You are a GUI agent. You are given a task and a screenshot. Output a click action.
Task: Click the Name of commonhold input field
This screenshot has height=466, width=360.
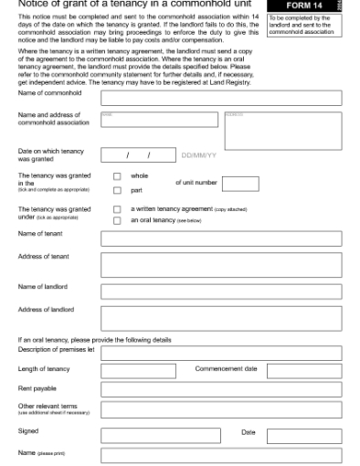click(221, 98)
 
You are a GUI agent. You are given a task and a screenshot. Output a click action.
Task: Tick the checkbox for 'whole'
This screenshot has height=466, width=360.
click(117, 176)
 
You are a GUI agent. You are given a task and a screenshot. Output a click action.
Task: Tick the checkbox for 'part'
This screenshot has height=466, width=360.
click(117, 190)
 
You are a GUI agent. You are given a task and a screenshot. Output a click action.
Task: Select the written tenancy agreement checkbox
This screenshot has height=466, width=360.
click(117, 209)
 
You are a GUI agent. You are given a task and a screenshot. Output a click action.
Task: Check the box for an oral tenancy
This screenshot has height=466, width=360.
click(117, 220)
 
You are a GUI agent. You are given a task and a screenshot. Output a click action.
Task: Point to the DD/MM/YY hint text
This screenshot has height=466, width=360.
click(199, 155)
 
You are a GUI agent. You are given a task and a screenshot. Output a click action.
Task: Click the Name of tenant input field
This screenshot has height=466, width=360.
click(221, 238)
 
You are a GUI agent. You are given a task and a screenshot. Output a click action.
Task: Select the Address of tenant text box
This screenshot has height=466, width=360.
click(221, 265)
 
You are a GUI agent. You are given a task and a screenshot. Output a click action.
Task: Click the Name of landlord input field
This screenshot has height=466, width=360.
click(221, 291)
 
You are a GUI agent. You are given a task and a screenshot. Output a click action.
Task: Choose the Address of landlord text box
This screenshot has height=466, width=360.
click(221, 318)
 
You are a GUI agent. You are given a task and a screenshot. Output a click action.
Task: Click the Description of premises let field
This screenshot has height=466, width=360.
click(221, 352)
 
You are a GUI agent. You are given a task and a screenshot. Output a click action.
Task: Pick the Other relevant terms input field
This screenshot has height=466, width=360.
click(221, 409)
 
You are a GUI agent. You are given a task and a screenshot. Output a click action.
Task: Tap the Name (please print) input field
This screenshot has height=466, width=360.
click(221, 454)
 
